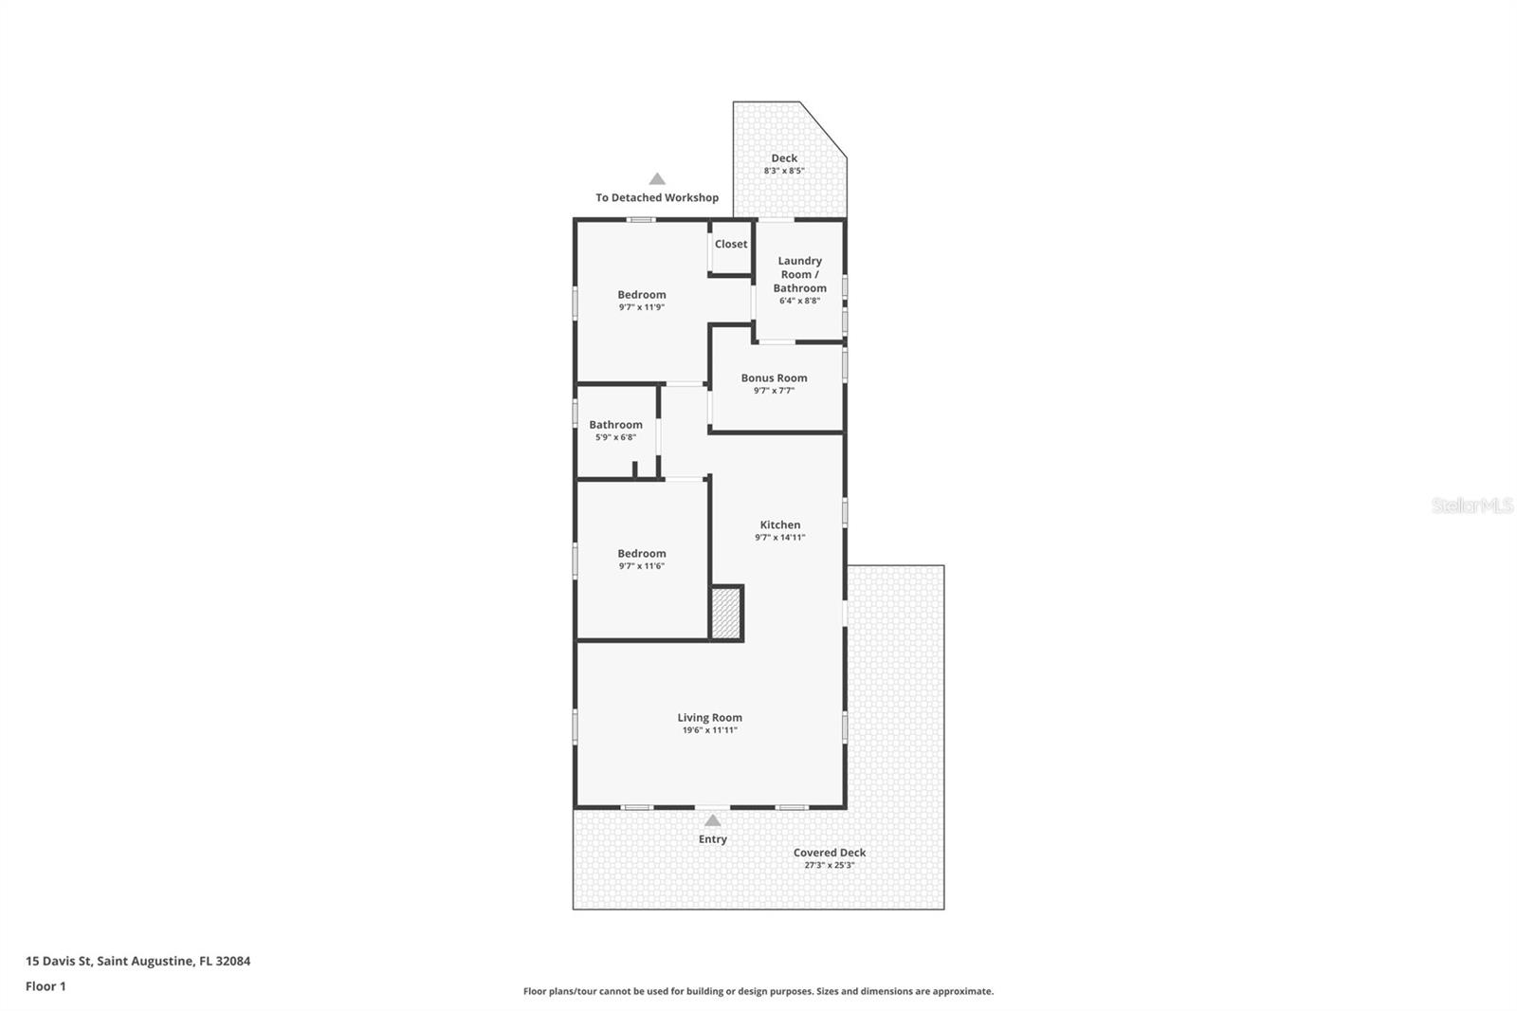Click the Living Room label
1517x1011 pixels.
(709, 718)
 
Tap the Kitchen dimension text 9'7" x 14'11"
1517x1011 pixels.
(779, 538)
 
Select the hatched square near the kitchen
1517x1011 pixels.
(726, 613)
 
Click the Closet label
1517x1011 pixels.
(731, 245)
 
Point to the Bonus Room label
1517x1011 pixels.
(774, 378)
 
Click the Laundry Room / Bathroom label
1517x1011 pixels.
(799, 274)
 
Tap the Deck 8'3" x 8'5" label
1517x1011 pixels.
(784, 164)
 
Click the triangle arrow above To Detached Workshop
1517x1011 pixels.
(657, 179)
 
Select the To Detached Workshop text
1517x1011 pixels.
(657, 198)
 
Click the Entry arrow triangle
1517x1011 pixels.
(712, 820)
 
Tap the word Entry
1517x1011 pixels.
(712, 839)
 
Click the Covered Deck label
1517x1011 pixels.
(830, 853)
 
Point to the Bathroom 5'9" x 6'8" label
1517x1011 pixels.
(615, 431)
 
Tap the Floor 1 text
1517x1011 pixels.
(46, 986)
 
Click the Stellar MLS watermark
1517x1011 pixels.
(1471, 505)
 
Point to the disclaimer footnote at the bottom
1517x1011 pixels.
(758, 991)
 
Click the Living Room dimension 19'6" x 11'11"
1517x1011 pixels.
(709, 730)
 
